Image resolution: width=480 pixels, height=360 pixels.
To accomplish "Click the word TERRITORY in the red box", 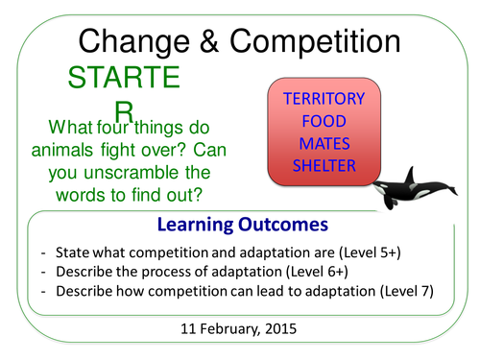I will coord(323,98).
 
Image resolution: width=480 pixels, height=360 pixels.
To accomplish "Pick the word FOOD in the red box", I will coord(323,121).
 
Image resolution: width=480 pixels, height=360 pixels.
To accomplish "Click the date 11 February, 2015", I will coord(240,331).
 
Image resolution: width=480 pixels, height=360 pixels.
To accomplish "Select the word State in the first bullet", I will coord(74,253).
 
